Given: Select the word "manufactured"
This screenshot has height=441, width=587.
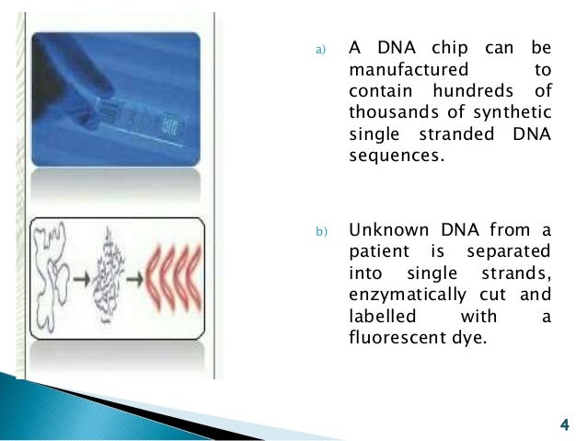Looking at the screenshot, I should point(409,70).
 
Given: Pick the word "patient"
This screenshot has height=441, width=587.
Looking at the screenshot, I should point(380,250).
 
